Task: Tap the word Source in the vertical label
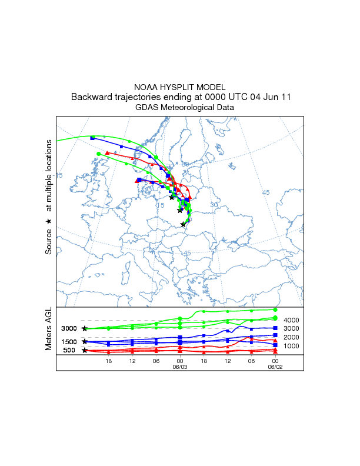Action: tap(49, 241)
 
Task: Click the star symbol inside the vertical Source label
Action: tap(49, 221)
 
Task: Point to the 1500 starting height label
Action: tap(69, 342)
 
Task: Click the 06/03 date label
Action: tap(179, 366)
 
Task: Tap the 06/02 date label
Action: tap(275, 366)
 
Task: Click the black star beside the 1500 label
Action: tap(85, 341)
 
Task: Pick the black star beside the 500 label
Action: tap(85, 351)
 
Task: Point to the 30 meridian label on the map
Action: tap(214, 204)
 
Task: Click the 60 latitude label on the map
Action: tap(185, 164)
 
